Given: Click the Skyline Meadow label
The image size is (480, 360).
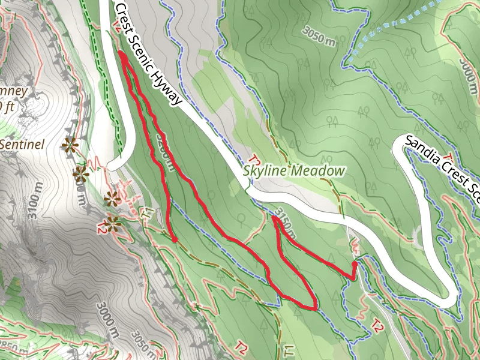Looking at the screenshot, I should pyautogui.click(x=295, y=171).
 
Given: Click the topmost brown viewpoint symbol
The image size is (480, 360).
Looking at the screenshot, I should pyautogui.click(x=71, y=145).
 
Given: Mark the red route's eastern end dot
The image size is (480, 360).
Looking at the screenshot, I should pyautogui.click(x=355, y=263).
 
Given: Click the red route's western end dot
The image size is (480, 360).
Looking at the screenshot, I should pyautogui.click(x=175, y=241).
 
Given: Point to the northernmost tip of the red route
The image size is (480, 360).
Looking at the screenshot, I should pyautogui.click(x=121, y=54).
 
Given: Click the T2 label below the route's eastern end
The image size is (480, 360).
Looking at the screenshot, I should pyautogui.click(x=377, y=327).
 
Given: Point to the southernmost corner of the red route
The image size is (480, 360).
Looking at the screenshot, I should pyautogui.click(x=316, y=308).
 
